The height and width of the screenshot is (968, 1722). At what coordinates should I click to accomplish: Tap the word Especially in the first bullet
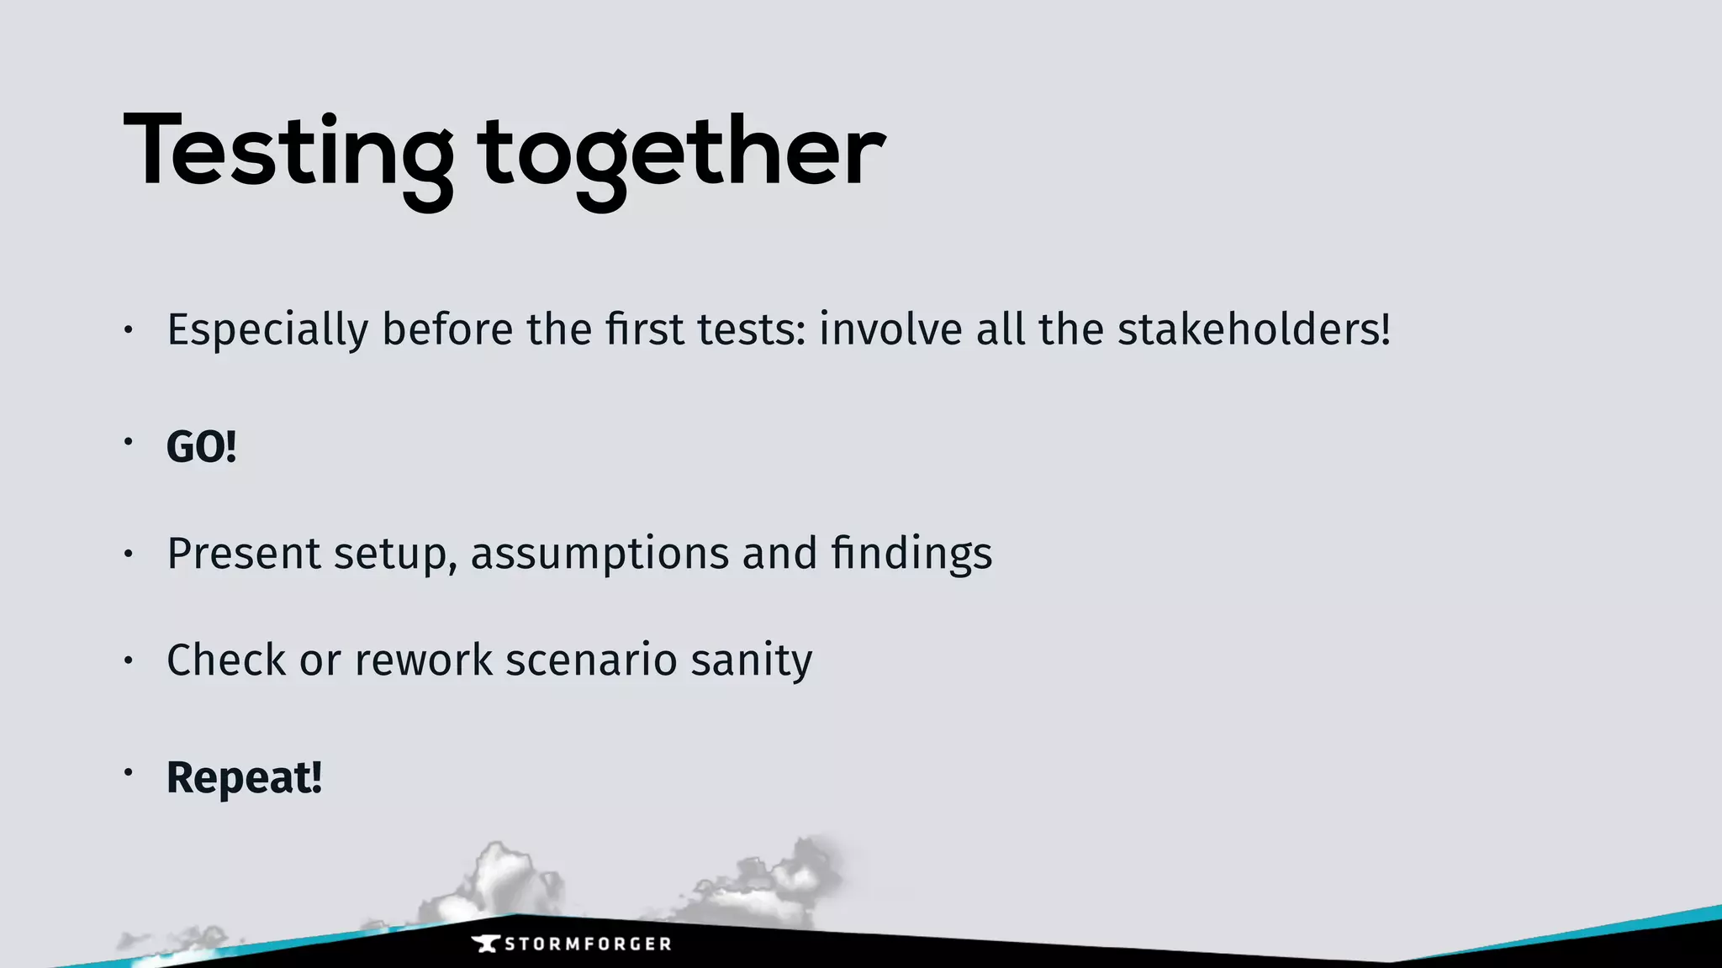coord(267,329)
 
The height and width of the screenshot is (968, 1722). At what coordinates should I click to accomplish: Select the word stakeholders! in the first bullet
coord(1254,329)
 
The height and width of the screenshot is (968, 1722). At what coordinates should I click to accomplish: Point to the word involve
coord(890,329)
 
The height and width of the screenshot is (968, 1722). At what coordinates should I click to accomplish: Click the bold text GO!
coord(201,446)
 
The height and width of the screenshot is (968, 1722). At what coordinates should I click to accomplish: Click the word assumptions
coord(599,554)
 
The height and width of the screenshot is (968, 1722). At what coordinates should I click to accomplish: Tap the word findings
coord(911,554)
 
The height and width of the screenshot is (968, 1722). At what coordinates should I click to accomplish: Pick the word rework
coord(424,660)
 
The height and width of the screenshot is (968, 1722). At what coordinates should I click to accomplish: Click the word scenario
coord(591,660)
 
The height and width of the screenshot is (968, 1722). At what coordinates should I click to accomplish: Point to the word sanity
coord(752,660)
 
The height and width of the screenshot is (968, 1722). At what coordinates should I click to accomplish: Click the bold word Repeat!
coord(244,777)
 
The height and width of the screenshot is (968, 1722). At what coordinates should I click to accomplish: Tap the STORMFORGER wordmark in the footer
coord(588,944)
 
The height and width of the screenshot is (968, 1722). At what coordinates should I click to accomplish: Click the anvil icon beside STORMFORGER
coord(485,944)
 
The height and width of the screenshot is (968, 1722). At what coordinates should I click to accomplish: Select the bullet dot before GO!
coord(128,441)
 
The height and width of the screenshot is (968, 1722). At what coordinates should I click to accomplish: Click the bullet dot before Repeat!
coord(128,771)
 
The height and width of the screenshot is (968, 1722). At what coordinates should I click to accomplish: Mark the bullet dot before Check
coord(128,660)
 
